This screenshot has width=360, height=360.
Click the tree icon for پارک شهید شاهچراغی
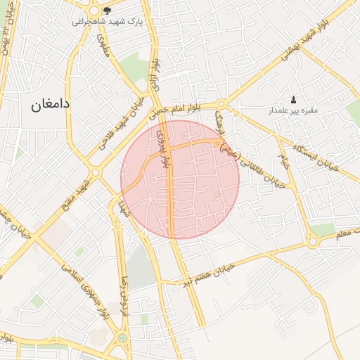pos(107,11)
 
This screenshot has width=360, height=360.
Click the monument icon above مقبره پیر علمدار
pos(293,100)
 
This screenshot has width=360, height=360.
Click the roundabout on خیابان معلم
pos(313,242)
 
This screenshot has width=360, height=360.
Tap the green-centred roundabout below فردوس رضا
pos(123,339)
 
